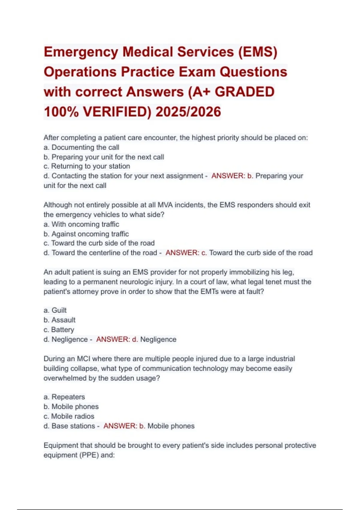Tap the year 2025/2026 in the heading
tap(188, 112)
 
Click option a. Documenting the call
tap(81, 147)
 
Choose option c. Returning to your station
tap(87, 166)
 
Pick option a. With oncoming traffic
tap(81, 224)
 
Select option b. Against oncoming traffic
tap(86, 234)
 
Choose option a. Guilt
tap(55, 310)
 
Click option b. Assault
tap(59, 320)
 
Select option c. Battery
tap(59, 330)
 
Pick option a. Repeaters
tap(64, 397)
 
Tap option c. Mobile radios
tap(69, 416)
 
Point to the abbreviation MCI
tap(83, 359)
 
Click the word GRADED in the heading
tap(244, 92)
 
